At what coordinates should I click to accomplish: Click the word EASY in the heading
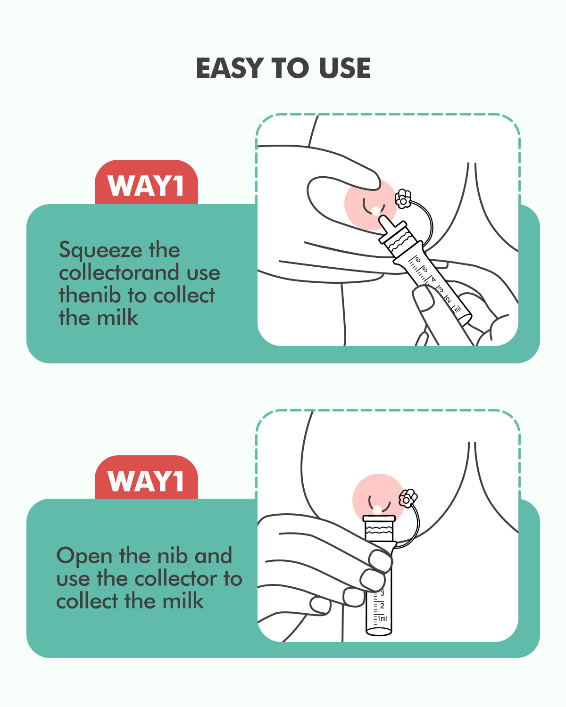230,68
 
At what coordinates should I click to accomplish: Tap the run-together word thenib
89,295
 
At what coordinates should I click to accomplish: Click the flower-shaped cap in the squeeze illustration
403,199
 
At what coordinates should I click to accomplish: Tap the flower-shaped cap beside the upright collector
408,498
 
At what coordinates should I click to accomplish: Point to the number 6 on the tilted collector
418,260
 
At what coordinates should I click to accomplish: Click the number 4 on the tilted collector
433,279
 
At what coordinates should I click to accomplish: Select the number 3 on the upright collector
382,593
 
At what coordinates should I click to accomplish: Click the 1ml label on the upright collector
382,618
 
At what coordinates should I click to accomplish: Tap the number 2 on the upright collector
382,606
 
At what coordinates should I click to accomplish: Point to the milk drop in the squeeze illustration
375,211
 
